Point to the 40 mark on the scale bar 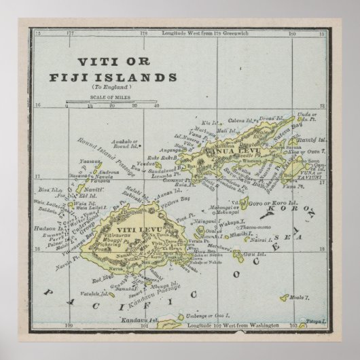156,106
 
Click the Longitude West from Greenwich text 196,33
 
